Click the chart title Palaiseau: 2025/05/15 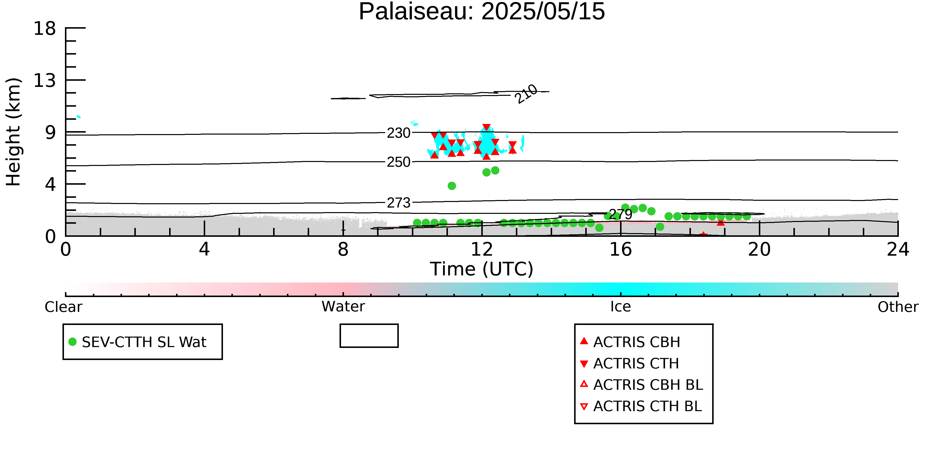tap(482, 12)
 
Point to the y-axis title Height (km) tap(14, 132)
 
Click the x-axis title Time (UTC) tap(482, 269)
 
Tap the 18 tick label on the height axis tap(45, 28)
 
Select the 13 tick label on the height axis tap(45, 80)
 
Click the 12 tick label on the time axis tap(482, 249)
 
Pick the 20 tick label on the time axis tap(759, 249)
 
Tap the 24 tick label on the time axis tap(898, 249)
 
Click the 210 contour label tap(526, 94)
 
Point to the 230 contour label tap(399, 133)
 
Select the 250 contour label tap(399, 162)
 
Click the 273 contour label tap(399, 203)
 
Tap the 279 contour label tap(621, 215)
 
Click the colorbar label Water tap(343, 307)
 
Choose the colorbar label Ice tap(621, 307)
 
